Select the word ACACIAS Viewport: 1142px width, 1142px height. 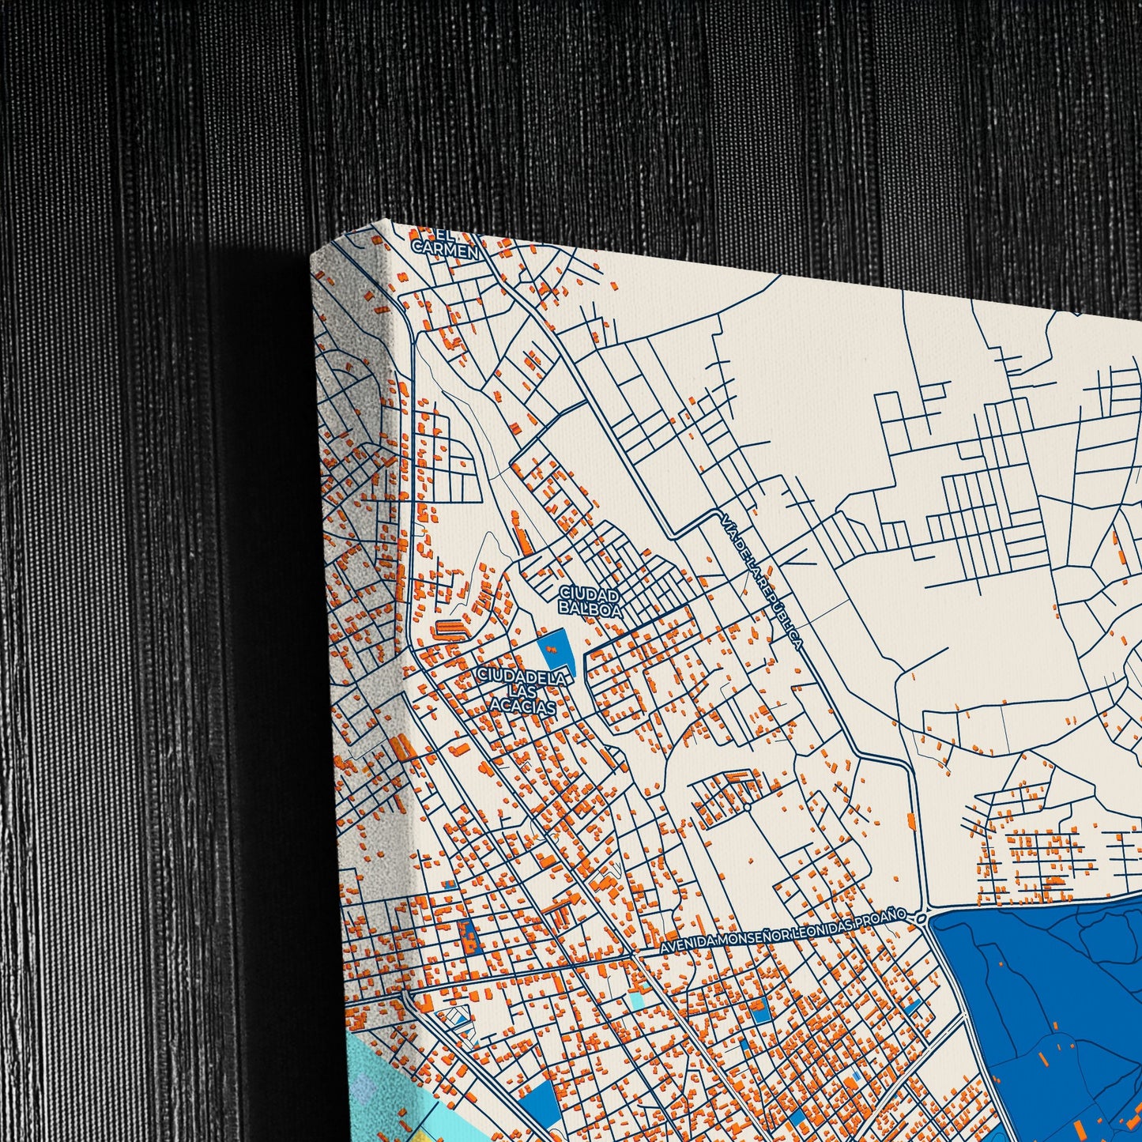tap(522, 707)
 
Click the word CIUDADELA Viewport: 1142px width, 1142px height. tap(522, 677)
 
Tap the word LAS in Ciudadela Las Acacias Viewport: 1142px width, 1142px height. tap(523, 692)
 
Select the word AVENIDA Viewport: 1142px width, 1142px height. tap(692, 942)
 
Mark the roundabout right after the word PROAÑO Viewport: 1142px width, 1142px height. tap(922, 918)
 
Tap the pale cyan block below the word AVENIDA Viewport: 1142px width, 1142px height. tap(637, 999)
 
